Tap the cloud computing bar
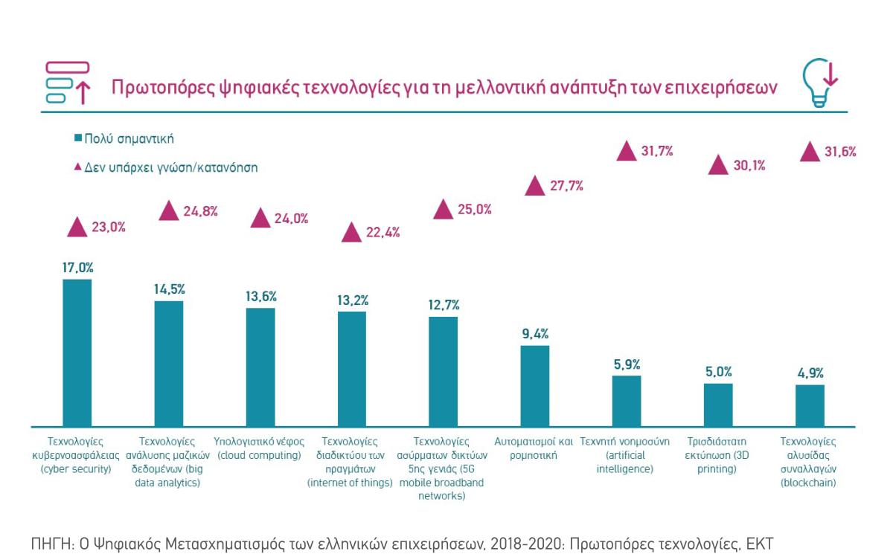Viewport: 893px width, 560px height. point(260,367)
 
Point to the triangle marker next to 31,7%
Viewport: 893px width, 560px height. point(627,152)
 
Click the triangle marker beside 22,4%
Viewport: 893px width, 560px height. point(352,232)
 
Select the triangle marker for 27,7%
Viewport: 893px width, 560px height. point(535,186)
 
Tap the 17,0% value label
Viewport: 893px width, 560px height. point(77,268)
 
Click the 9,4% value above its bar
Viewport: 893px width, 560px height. point(535,334)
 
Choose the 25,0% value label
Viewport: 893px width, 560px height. point(474,210)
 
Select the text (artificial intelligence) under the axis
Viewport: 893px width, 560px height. point(625,462)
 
